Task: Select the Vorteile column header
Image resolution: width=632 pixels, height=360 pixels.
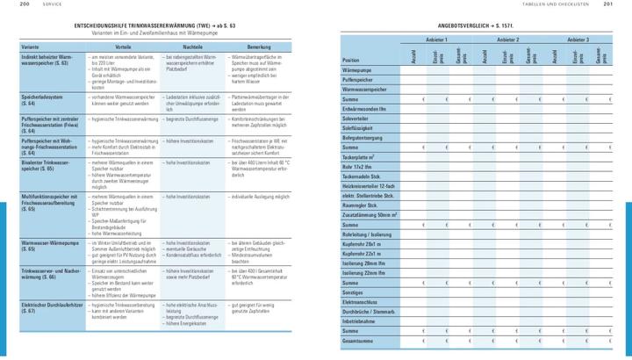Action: pos(123,46)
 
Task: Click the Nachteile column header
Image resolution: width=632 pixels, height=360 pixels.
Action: pos(194,46)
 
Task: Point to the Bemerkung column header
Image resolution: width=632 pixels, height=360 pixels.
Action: pos(260,46)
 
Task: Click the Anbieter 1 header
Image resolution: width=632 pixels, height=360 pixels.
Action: pos(436,40)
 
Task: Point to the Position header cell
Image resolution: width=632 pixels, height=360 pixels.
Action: pos(352,60)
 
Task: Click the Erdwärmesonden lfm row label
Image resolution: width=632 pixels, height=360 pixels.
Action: pos(364,108)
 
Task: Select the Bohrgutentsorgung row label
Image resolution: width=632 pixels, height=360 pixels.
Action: pos(363,137)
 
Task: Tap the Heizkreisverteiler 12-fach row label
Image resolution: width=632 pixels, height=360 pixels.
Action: pos(370,186)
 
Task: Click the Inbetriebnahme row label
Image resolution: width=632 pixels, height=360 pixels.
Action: pos(361,320)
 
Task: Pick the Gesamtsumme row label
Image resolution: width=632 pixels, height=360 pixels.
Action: pos(360,340)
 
